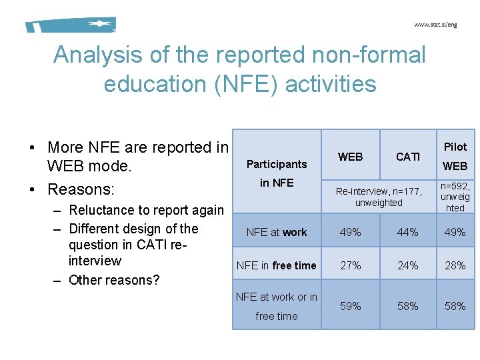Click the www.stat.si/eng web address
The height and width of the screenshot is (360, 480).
pyautogui.click(x=435, y=25)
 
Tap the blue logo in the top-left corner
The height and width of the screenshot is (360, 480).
pyautogui.click(x=71, y=25)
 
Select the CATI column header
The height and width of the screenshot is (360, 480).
pyautogui.click(x=407, y=157)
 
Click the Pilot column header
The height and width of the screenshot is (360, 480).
pyautogui.click(x=455, y=147)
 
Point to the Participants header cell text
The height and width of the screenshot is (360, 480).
pyautogui.click(x=277, y=164)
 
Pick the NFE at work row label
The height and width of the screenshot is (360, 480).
pyautogui.click(x=277, y=232)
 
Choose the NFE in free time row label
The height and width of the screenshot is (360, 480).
pyautogui.click(x=277, y=265)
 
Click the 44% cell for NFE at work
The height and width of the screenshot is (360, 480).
pyautogui.click(x=407, y=232)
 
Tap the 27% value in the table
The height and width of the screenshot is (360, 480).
pyautogui.click(x=351, y=265)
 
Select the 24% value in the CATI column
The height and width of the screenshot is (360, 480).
pyautogui.click(x=407, y=265)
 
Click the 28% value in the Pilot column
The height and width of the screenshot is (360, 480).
pyautogui.click(x=455, y=265)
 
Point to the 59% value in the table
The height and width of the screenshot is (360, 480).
pyautogui.click(x=351, y=306)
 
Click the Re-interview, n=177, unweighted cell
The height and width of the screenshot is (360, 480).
pyautogui.click(x=379, y=197)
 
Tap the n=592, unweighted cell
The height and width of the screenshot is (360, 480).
pyautogui.click(x=455, y=197)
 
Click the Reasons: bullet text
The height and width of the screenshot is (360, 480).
pyautogui.click(x=81, y=189)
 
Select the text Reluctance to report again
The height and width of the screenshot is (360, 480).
pyautogui.click(x=147, y=211)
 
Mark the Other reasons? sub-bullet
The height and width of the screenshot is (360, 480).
pyautogui.click(x=114, y=280)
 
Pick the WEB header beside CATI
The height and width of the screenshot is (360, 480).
pyautogui.click(x=351, y=157)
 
